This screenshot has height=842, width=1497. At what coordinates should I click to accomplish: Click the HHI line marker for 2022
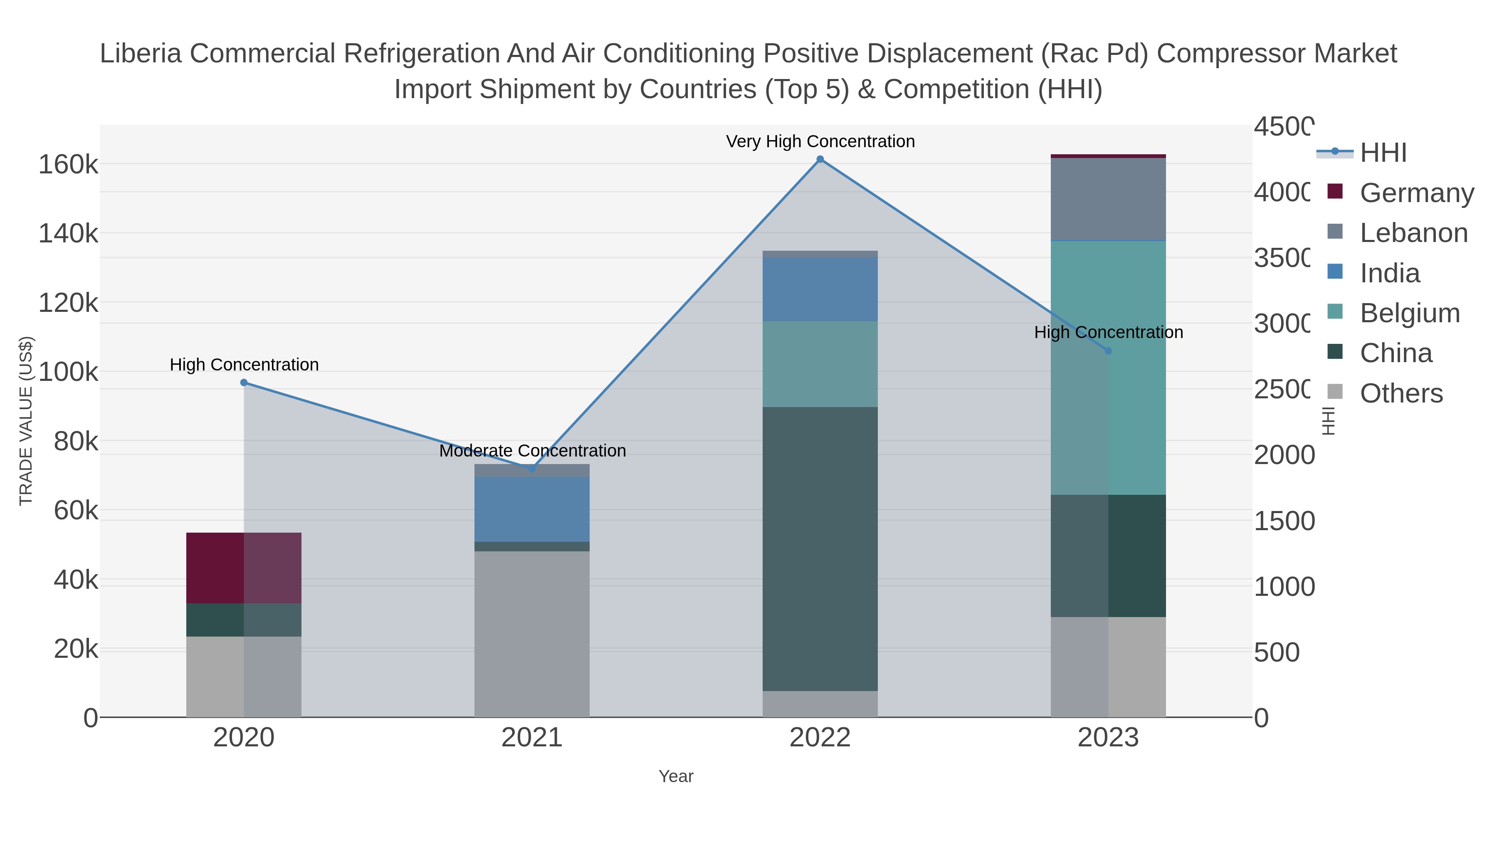820,159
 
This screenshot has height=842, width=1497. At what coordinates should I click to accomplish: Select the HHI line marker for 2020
244,383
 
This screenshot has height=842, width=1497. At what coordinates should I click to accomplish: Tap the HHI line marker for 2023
1108,351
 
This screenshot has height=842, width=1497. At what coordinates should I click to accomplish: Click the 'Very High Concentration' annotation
820,142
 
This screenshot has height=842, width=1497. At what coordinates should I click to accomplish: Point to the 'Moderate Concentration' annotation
532,451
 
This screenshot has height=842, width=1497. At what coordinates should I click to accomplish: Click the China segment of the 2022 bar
820,549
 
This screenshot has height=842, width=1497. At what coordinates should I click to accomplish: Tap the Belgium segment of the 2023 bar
1108,368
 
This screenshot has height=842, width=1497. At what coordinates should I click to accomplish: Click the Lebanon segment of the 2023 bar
1108,199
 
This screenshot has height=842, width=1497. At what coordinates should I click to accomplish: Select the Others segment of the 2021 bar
532,633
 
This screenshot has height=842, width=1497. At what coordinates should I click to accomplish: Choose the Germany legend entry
1416,193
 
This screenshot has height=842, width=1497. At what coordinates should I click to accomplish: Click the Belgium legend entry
1409,313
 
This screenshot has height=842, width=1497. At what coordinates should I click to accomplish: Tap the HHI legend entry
1383,153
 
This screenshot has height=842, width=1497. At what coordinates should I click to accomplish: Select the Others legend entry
1401,393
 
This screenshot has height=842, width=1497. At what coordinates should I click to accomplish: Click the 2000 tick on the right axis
1284,455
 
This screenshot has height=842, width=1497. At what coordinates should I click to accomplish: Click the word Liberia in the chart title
141,54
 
